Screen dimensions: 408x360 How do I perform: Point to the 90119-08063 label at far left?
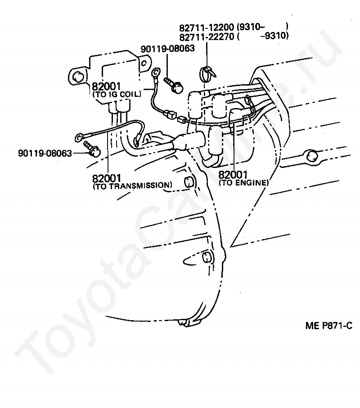pyautogui.click(x=45, y=153)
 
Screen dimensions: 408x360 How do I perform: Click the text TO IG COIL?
pyautogui.click(x=117, y=94)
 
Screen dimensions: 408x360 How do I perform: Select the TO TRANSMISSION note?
pyautogui.click(x=132, y=186)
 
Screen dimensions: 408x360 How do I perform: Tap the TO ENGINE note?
pyautogui.click(x=243, y=182)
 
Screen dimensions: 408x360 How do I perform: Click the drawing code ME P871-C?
pyautogui.click(x=328, y=326)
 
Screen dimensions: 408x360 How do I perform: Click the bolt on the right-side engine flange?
pyautogui.click(x=313, y=156)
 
